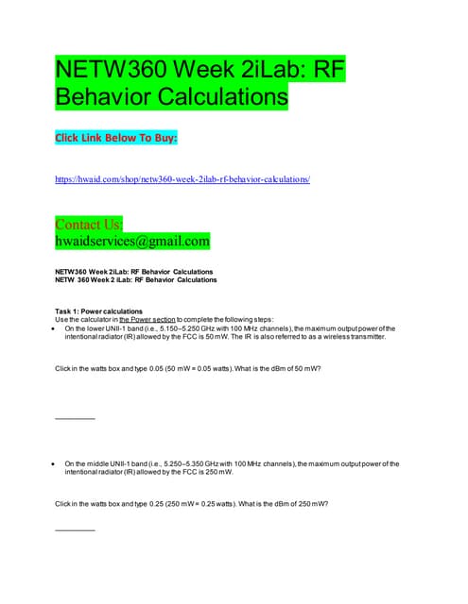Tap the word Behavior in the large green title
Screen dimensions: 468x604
tap(98, 96)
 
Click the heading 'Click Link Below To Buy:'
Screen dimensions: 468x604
tap(117, 139)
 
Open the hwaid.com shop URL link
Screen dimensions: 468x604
tap(183, 178)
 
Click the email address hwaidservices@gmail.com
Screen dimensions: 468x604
tap(132, 242)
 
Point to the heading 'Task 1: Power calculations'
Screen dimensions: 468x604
tap(100, 311)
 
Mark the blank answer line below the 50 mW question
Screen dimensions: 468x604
tap(76, 417)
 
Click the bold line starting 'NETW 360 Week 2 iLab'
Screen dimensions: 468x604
tap(136, 280)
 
